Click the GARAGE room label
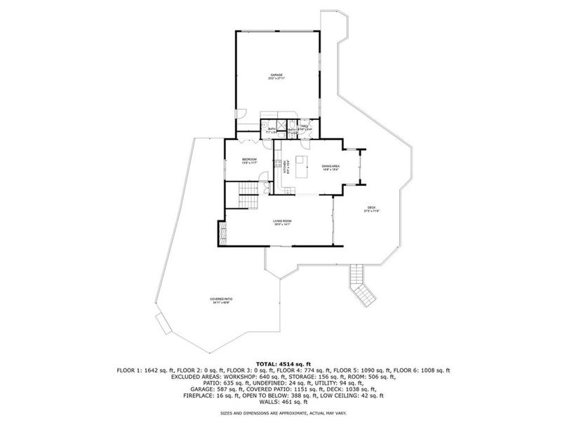[x=278, y=76]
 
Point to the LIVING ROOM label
[x=282, y=222]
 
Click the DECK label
[x=372, y=209]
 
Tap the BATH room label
[x=272, y=130]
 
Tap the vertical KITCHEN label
[x=284, y=169]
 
